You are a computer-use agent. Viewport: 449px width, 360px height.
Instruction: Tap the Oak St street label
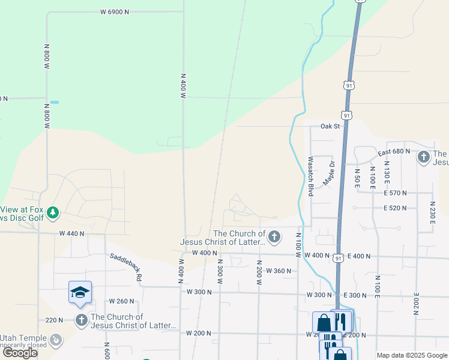tap(330, 127)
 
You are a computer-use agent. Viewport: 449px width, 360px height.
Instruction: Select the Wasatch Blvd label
tap(310, 176)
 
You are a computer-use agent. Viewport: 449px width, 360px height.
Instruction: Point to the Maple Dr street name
tap(329, 172)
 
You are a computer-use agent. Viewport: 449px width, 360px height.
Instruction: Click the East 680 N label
tap(394, 152)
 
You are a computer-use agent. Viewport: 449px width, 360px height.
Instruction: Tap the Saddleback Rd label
tap(125, 267)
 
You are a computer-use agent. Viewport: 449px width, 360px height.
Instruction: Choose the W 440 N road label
tap(71, 233)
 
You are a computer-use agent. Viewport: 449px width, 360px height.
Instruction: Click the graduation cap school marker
tap(80, 292)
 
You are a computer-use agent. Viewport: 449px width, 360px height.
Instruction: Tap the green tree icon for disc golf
tap(53, 212)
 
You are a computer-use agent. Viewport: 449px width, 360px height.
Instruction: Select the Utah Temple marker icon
tap(56, 340)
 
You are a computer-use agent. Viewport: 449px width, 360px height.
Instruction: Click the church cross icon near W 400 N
tap(274, 238)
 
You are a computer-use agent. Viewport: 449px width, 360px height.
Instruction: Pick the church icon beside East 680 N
tap(423, 157)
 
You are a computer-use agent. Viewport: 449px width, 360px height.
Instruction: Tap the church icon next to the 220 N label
tap(81, 320)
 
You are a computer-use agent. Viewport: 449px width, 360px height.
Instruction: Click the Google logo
tap(20, 352)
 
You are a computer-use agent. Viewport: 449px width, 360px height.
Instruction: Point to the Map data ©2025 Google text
tap(411, 355)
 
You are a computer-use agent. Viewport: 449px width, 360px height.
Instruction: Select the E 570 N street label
tap(395, 193)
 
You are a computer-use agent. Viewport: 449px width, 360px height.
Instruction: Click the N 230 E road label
tap(432, 212)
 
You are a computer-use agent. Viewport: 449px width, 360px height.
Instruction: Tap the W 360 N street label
tap(279, 271)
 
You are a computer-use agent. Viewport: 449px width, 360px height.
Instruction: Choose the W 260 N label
tap(122, 301)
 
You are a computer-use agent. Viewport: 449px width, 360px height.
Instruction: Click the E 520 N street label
tap(395, 208)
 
